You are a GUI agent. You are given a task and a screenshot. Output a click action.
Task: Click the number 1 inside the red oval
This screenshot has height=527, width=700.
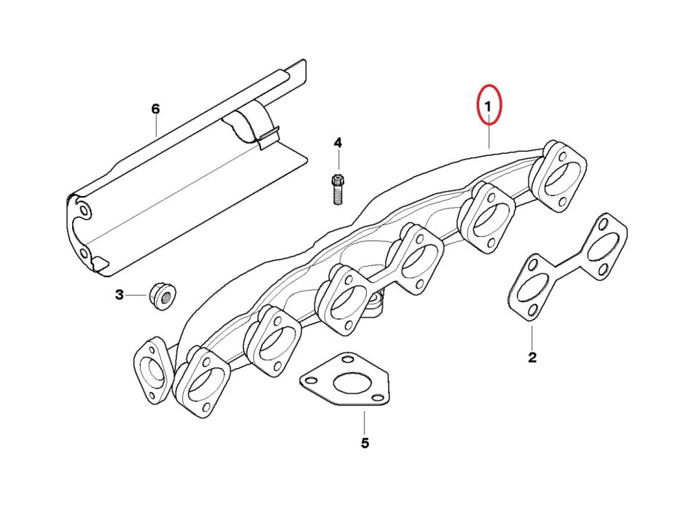click(488, 106)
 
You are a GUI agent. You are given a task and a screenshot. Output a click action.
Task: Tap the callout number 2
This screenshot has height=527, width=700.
click(532, 357)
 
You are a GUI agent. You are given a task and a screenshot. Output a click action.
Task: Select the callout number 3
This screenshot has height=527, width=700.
click(119, 295)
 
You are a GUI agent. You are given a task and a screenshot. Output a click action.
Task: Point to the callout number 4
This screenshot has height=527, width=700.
click(338, 144)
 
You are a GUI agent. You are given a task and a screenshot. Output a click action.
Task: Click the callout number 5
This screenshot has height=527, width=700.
click(365, 443)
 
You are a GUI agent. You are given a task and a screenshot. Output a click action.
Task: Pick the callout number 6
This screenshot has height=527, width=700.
click(155, 109)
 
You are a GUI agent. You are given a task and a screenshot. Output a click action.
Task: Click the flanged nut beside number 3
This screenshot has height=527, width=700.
click(162, 296)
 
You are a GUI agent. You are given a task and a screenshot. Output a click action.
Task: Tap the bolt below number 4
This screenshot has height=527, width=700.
click(338, 190)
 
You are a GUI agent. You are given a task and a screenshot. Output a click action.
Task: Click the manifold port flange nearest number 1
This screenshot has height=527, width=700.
click(558, 176)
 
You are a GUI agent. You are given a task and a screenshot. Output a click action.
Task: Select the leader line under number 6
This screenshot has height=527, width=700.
click(156, 126)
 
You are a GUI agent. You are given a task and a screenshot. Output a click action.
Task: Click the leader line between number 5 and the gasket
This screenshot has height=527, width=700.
click(365, 421)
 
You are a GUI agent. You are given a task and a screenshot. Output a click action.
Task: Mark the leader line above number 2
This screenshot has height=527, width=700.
click(532, 337)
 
